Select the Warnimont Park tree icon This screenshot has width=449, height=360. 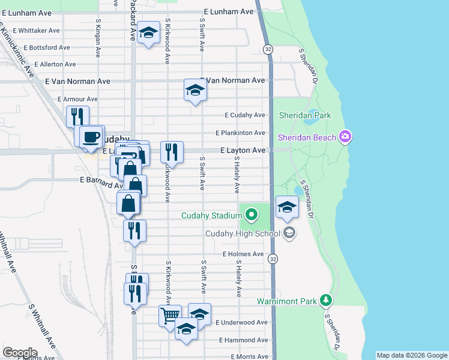(326, 299)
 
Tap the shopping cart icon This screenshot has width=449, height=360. (170, 314)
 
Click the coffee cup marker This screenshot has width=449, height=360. (92, 136)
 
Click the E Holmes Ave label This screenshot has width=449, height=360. (243, 254)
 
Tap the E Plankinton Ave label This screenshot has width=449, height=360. (240, 133)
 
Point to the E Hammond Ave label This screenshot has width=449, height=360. (243, 340)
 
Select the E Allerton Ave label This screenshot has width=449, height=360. (55, 64)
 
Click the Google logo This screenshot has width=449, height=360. (19, 353)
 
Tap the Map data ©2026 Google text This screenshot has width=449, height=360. (412, 355)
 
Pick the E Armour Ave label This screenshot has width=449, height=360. (77, 99)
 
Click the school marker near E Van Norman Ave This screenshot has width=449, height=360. (195, 90)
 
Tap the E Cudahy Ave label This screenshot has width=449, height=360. (244, 115)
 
